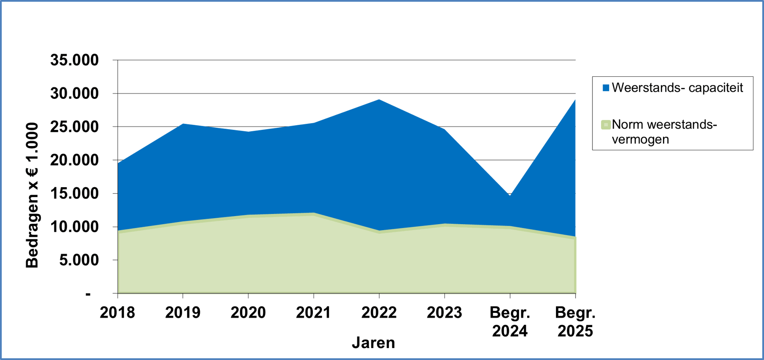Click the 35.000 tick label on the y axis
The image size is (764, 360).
(x=74, y=60)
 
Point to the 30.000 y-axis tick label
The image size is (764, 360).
(x=74, y=93)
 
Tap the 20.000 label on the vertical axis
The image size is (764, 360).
(x=74, y=160)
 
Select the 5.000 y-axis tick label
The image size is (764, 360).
(x=79, y=260)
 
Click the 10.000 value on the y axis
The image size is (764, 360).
(x=74, y=227)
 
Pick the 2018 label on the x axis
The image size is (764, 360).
(x=117, y=312)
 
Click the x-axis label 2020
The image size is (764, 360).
(x=248, y=312)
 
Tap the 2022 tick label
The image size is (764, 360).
(x=379, y=312)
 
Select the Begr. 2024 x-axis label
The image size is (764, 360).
(x=510, y=322)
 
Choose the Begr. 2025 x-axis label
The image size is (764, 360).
(x=575, y=322)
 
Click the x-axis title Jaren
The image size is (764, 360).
(x=373, y=343)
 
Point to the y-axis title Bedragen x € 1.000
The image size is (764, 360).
(x=32, y=195)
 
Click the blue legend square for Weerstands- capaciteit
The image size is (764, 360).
(x=606, y=88)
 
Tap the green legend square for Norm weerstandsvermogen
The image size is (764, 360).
(x=606, y=125)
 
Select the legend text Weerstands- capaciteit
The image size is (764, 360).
(x=677, y=88)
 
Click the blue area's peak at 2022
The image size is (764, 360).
(x=379, y=100)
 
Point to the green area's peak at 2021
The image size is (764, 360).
(x=314, y=213)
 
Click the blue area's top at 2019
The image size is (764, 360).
(x=183, y=124)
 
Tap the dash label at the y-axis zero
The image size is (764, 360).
(x=88, y=294)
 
